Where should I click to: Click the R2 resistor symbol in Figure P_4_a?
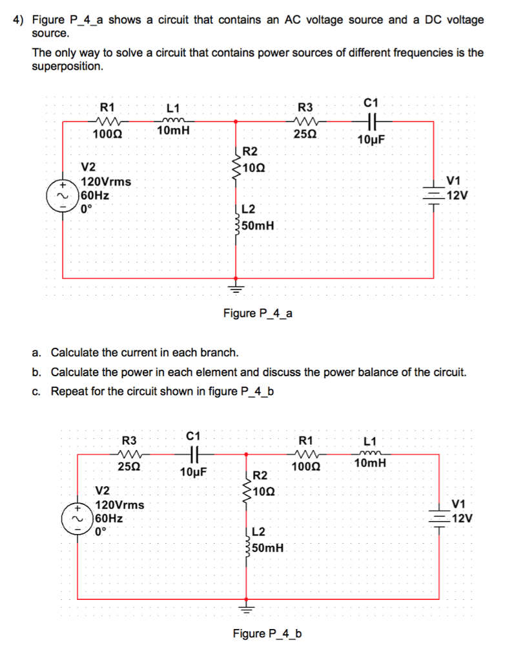[x=236, y=162]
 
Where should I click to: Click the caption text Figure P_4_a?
[x=258, y=314]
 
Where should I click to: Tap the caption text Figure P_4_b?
[x=267, y=634]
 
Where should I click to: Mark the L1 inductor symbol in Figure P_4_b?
[x=371, y=454]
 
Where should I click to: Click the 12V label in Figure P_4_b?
[x=462, y=518]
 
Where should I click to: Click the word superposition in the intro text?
[x=67, y=67]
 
